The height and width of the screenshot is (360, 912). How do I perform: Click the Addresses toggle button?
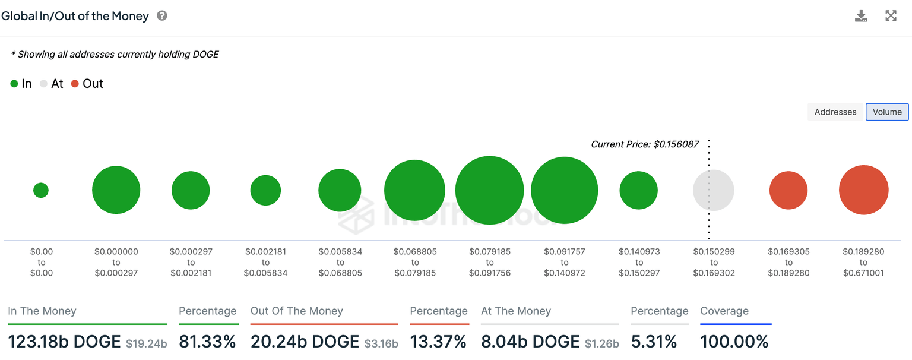pyautogui.click(x=835, y=112)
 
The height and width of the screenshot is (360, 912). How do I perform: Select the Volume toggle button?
pyautogui.click(x=887, y=112)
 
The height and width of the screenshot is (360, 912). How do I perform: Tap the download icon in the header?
pyautogui.click(x=861, y=16)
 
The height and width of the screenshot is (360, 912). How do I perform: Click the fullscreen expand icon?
pyautogui.click(x=891, y=16)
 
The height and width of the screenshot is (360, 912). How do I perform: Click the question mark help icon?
pyautogui.click(x=162, y=16)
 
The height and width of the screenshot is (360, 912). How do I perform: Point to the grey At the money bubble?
pyautogui.click(x=714, y=190)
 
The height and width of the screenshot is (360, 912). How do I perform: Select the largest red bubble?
pyautogui.click(x=863, y=190)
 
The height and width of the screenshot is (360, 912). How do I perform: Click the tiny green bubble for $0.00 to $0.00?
pyautogui.click(x=41, y=190)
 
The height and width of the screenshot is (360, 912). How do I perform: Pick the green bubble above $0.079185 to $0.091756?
pyautogui.click(x=489, y=190)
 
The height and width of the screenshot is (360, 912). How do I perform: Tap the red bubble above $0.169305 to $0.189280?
pyautogui.click(x=788, y=190)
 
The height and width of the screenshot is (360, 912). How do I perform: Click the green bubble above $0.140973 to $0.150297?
pyautogui.click(x=639, y=190)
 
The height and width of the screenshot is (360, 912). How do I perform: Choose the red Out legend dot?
pyautogui.click(x=75, y=84)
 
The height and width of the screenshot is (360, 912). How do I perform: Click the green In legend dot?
pyautogui.click(x=14, y=84)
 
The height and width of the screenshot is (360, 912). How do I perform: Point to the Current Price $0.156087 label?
pyautogui.click(x=645, y=144)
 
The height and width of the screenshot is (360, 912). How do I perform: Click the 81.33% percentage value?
pyautogui.click(x=207, y=342)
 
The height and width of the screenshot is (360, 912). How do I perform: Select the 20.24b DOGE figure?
pyautogui.click(x=305, y=342)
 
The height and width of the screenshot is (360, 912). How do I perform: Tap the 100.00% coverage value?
pyautogui.click(x=734, y=342)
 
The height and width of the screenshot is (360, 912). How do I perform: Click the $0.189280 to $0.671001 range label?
pyautogui.click(x=863, y=262)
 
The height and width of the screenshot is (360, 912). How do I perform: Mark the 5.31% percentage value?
pyautogui.click(x=654, y=342)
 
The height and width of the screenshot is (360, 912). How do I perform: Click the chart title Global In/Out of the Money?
pyautogui.click(x=75, y=16)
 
